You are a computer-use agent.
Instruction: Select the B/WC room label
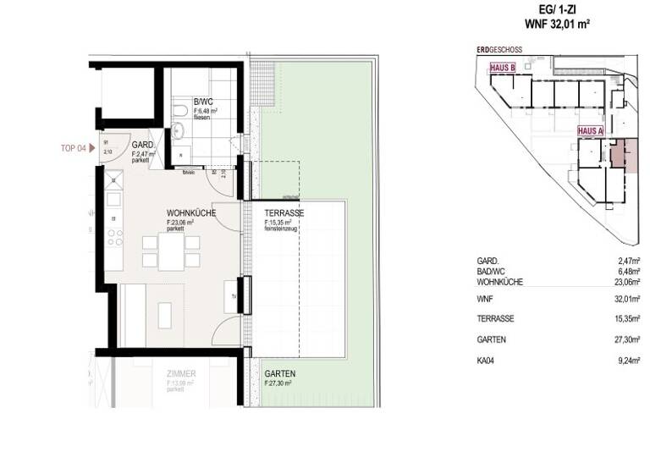click(x=202, y=102)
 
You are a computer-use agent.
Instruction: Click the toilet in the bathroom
click(x=180, y=112)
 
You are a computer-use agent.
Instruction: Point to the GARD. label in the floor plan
click(x=142, y=146)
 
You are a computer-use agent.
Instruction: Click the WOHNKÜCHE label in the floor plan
click(x=190, y=213)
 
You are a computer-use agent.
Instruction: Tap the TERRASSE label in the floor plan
click(x=284, y=213)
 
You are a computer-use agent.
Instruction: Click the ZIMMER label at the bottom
click(x=181, y=373)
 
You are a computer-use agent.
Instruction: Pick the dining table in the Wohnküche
click(x=170, y=251)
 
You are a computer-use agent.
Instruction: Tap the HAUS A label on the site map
click(x=590, y=131)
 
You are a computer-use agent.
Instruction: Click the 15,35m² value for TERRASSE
click(x=628, y=318)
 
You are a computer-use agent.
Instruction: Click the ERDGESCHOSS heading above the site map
click(x=499, y=51)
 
